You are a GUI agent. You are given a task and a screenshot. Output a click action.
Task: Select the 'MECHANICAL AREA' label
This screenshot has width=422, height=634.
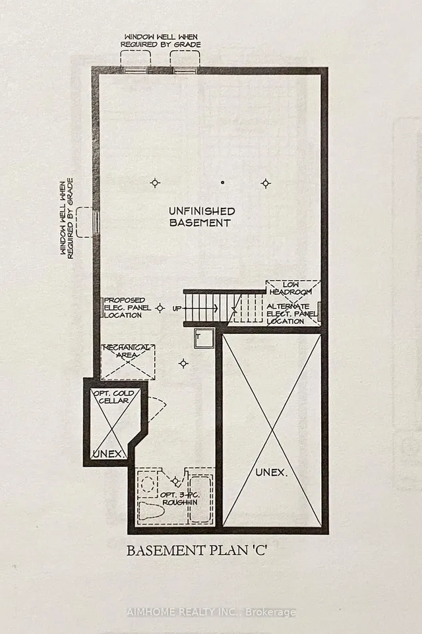[x=128, y=351]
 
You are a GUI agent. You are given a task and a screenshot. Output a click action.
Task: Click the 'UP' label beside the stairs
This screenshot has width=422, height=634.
[x=177, y=308]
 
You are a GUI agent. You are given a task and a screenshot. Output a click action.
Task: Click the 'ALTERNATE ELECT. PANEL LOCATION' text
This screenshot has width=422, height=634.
[x=291, y=313]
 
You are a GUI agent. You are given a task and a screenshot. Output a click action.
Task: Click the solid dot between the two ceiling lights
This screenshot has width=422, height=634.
[x=223, y=182]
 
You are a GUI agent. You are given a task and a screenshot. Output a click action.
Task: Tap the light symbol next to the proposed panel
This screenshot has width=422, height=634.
[x=160, y=307]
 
